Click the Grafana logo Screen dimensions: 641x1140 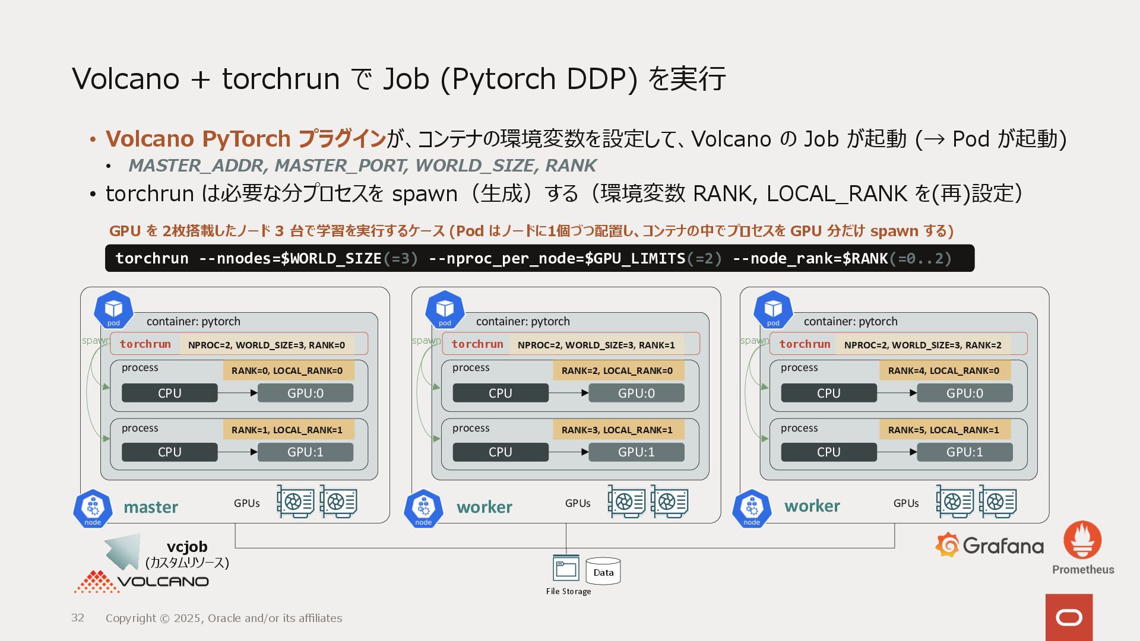point(989,545)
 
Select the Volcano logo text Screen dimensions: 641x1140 point(163,582)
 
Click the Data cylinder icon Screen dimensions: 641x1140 point(603,571)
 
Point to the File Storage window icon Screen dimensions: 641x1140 point(566,568)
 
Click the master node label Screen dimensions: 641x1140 point(151,507)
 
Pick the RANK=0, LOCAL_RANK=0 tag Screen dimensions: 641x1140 point(287,370)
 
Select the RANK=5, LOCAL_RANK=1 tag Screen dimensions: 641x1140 point(943,430)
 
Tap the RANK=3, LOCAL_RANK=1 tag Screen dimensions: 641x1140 point(617,430)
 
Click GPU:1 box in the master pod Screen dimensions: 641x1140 point(305,452)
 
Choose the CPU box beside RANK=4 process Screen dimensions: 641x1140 point(828,393)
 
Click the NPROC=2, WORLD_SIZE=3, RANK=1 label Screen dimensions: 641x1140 point(596,345)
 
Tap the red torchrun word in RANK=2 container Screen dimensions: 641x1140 point(805,344)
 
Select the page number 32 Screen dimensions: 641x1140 point(78,618)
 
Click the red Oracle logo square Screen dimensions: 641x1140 point(1069,617)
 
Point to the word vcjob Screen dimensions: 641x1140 point(187,547)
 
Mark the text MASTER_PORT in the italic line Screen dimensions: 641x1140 point(341,166)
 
